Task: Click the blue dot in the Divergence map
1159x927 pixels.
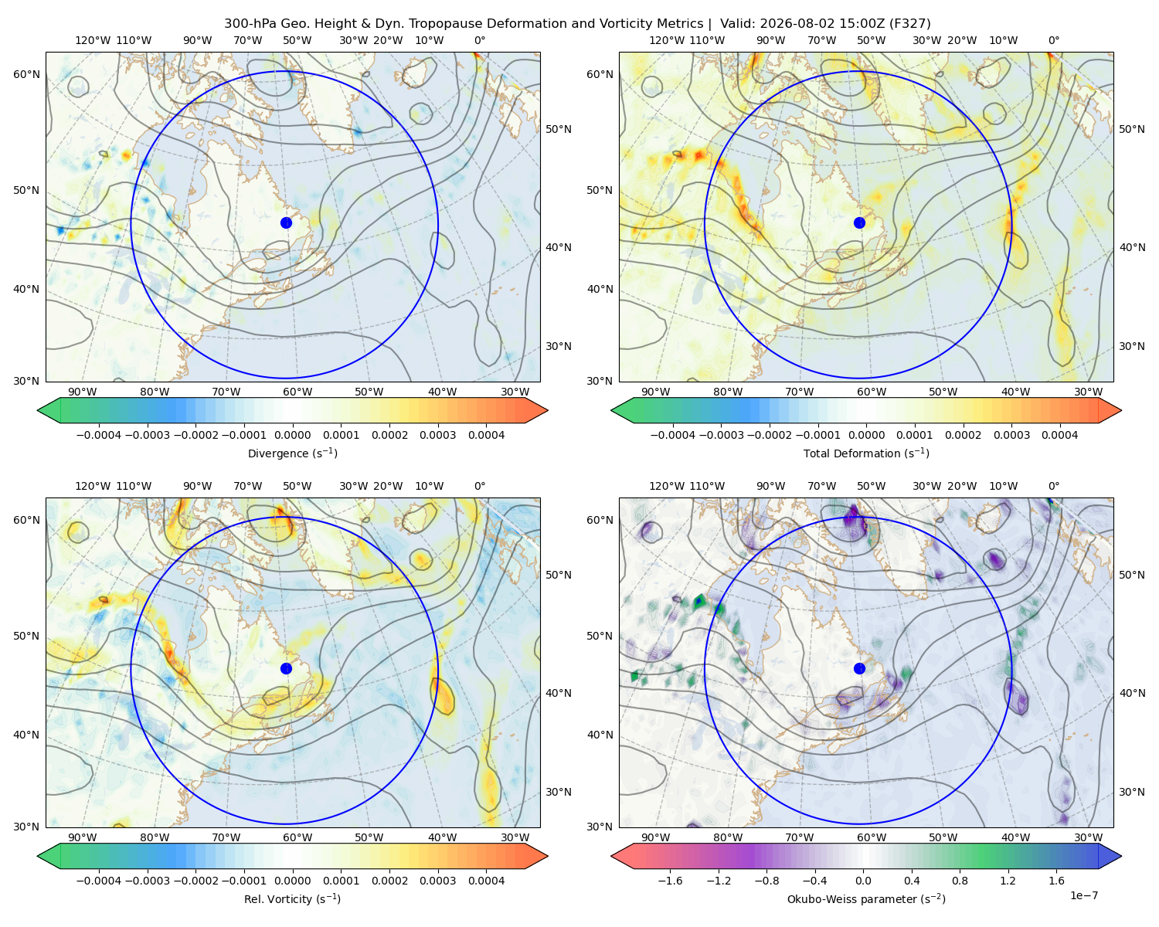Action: click(286, 222)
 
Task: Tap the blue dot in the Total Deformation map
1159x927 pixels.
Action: click(859, 222)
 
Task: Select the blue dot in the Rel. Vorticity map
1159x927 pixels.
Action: click(286, 668)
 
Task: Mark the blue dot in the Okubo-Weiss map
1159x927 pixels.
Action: click(859, 668)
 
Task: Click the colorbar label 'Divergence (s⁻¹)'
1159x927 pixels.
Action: click(292, 453)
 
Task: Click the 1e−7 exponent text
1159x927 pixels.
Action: click(1083, 895)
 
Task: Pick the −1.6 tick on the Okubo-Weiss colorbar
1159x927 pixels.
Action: click(670, 880)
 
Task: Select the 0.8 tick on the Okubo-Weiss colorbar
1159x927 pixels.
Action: click(960, 880)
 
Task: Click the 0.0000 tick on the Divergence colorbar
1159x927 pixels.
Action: click(292, 435)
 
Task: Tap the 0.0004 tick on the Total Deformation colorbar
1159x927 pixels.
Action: click(1059, 435)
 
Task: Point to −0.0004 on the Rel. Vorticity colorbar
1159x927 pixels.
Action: click(99, 880)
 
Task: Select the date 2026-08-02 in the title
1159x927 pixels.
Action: click(791, 24)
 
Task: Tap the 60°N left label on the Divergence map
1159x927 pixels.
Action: click(26, 74)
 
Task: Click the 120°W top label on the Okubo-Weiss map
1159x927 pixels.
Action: click(666, 485)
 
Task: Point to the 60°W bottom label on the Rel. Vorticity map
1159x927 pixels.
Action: click(297, 837)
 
